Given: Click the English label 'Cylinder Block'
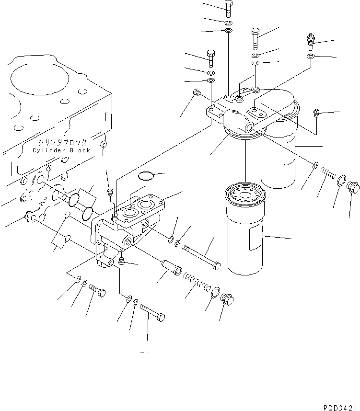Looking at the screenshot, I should click(x=61, y=150).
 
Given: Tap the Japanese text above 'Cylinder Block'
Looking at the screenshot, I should click(x=63, y=142).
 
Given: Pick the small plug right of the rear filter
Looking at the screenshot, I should click(x=316, y=113).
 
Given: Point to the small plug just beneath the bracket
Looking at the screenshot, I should click(x=121, y=261).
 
